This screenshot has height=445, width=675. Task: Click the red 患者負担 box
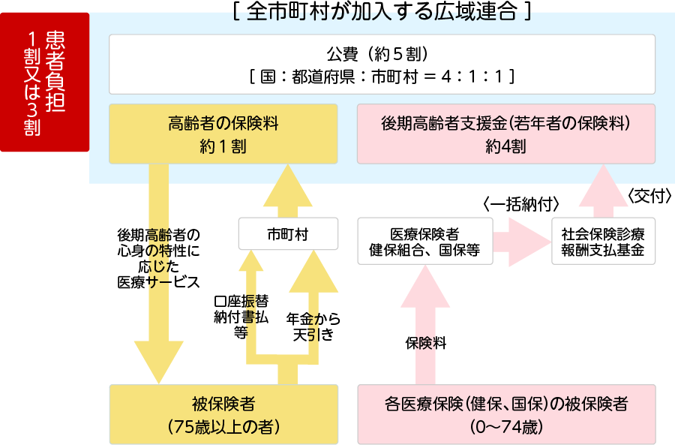point(45,83)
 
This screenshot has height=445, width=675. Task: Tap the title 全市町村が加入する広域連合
point(382,12)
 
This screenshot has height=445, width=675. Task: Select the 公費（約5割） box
point(382,64)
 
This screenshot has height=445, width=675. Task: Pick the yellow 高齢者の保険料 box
point(223,134)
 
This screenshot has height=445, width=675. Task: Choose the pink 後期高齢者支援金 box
point(505,134)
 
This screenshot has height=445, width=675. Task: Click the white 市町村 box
point(287,234)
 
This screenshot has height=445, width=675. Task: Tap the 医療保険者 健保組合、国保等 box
point(424,241)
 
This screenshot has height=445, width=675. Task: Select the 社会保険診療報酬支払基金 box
point(603,241)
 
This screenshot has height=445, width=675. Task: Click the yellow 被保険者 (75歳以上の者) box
point(223,414)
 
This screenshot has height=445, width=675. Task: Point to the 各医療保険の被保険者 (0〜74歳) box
point(505,414)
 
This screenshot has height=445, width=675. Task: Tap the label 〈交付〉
point(647,195)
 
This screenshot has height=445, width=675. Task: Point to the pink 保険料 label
point(426,344)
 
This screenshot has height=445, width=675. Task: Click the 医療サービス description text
point(158,259)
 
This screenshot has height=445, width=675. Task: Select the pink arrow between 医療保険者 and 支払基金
point(522,241)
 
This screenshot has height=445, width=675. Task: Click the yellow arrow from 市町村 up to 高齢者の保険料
point(287,191)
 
